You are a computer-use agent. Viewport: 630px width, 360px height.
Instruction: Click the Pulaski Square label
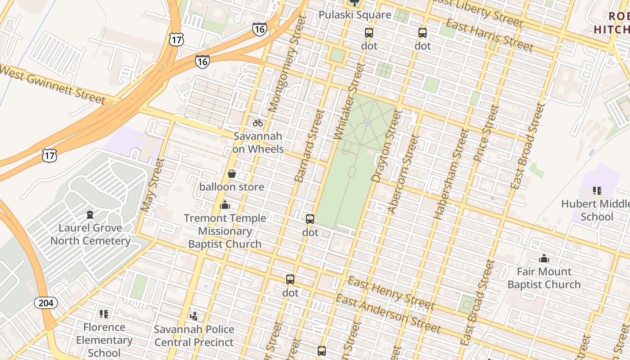(x=355, y=15)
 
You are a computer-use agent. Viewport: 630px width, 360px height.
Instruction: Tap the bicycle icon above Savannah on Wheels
(x=258, y=122)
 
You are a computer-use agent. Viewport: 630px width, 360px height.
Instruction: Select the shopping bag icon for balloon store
(x=232, y=174)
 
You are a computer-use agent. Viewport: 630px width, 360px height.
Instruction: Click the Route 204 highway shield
(x=46, y=303)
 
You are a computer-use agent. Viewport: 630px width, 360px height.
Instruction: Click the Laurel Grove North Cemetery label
(x=90, y=234)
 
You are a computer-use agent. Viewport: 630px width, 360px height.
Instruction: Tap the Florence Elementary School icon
(x=104, y=314)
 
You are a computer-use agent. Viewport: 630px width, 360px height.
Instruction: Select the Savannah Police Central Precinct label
(x=194, y=336)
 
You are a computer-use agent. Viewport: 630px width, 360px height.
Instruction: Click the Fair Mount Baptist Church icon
(x=544, y=258)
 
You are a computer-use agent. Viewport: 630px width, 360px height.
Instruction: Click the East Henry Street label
(x=391, y=295)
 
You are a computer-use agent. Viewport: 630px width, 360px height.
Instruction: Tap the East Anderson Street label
(x=388, y=314)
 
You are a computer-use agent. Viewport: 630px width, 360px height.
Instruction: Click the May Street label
(x=152, y=185)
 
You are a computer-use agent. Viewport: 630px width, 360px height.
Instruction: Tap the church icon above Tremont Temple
(x=225, y=205)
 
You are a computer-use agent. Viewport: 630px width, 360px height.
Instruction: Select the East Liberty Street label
(x=477, y=12)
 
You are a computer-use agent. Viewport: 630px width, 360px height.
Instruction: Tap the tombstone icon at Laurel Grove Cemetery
(x=90, y=215)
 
